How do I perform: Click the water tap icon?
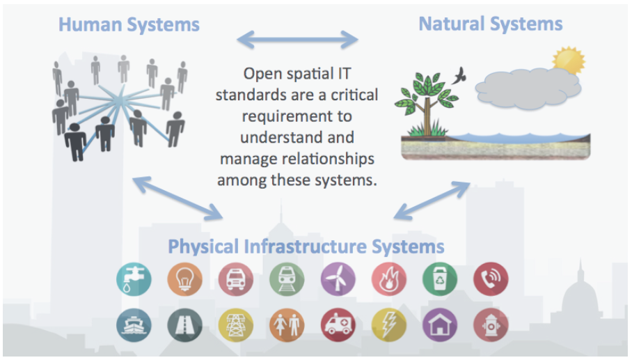coord(134,279)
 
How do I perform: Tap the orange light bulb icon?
coord(184,279)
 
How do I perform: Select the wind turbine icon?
coord(338,279)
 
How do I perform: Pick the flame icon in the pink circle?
coord(389,279)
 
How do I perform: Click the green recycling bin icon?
coord(440,279)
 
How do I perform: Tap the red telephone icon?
coord(491,279)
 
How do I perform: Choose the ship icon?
coord(134,325)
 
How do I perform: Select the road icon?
coord(184,325)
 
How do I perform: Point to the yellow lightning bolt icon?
coord(389,325)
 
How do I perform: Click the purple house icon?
coord(440,325)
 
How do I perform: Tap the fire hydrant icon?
coord(491,325)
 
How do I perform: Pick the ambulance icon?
coord(338,325)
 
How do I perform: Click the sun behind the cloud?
coord(569,60)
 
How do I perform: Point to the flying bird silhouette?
coord(459,75)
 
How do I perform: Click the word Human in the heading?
coord(90,24)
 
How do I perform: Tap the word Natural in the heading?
coord(452,24)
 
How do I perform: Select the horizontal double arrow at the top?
coord(297,40)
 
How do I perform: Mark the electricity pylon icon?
coord(236,325)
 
